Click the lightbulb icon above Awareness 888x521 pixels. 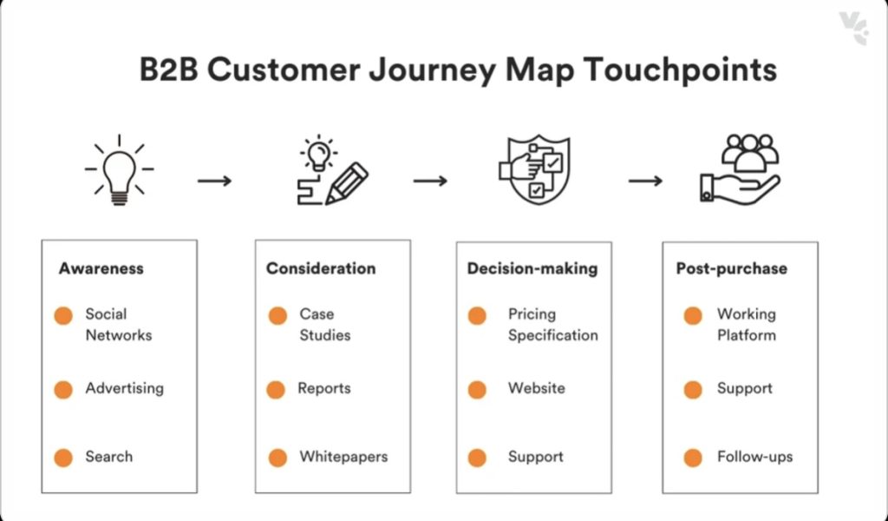point(120,170)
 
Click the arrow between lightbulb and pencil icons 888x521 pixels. point(214,181)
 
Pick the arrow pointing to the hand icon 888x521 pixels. point(645,181)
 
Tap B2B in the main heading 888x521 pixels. point(169,70)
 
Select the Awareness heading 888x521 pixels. point(101,268)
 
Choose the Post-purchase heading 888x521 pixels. point(731,268)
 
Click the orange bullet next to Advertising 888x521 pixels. point(63,390)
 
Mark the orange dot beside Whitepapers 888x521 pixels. point(277,458)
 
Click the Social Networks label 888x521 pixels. point(118,324)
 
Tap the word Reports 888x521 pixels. point(324,388)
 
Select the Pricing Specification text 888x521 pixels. point(552,324)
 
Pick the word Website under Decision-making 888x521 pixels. point(536,388)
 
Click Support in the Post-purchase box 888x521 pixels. point(744,388)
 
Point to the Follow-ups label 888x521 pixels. point(754,457)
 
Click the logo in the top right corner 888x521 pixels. point(853,27)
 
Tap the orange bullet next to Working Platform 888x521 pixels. point(693,316)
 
